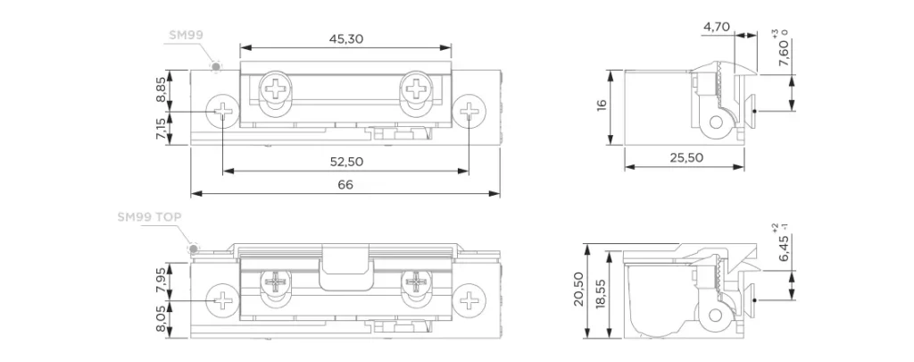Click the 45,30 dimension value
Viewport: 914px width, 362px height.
coord(346,38)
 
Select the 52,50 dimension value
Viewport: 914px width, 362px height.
coord(346,162)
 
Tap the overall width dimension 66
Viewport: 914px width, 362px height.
coord(345,185)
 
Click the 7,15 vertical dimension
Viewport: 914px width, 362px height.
coord(161,128)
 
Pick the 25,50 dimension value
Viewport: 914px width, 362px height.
coord(686,157)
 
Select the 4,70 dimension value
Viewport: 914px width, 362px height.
coord(717,27)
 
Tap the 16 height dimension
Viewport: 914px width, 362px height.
coord(602,105)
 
